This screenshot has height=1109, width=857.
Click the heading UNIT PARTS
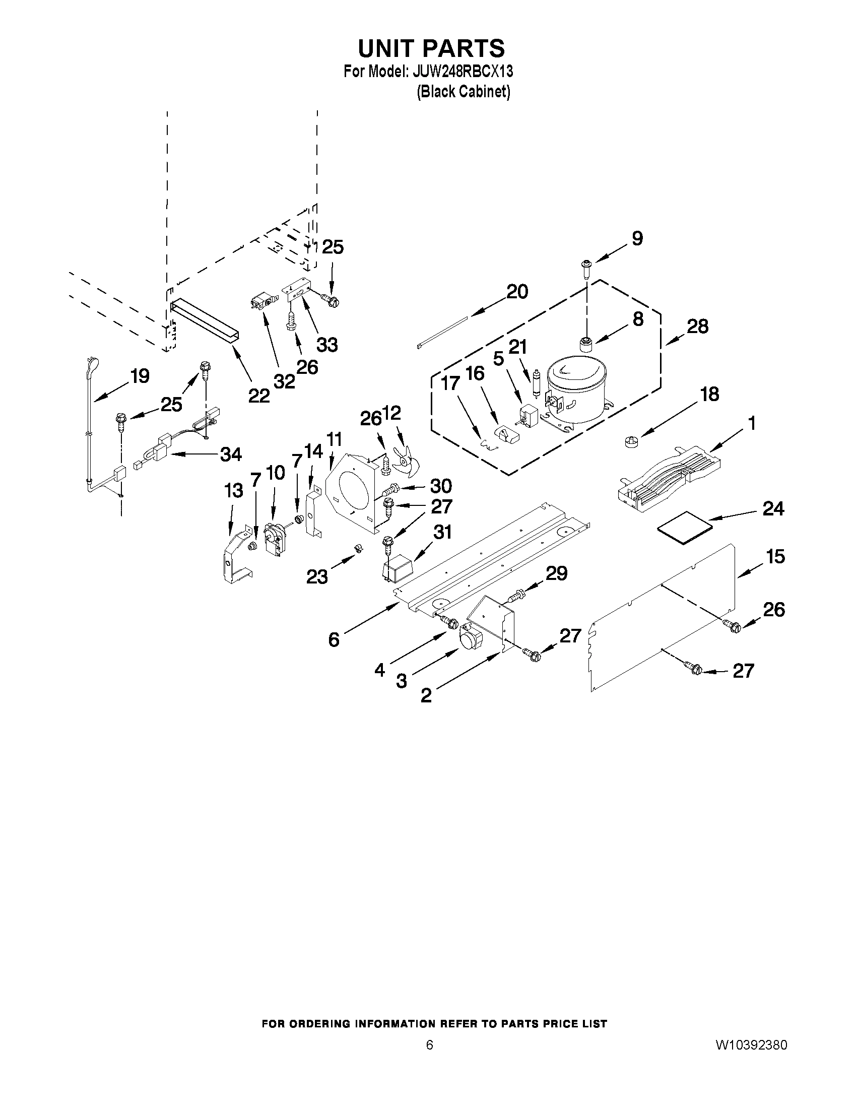click(431, 48)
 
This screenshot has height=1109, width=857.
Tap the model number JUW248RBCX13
click(463, 72)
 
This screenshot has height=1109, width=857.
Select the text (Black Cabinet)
click(463, 92)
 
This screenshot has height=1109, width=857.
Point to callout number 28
click(697, 327)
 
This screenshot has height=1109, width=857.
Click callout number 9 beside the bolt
click(637, 238)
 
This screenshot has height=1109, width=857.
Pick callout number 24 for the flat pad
click(773, 508)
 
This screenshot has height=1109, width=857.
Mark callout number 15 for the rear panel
click(775, 557)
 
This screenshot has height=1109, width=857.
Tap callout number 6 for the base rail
click(334, 639)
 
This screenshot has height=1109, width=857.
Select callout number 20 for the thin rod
click(517, 291)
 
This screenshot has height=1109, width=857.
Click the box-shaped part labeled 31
click(398, 567)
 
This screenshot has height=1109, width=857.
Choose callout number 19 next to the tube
click(140, 376)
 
